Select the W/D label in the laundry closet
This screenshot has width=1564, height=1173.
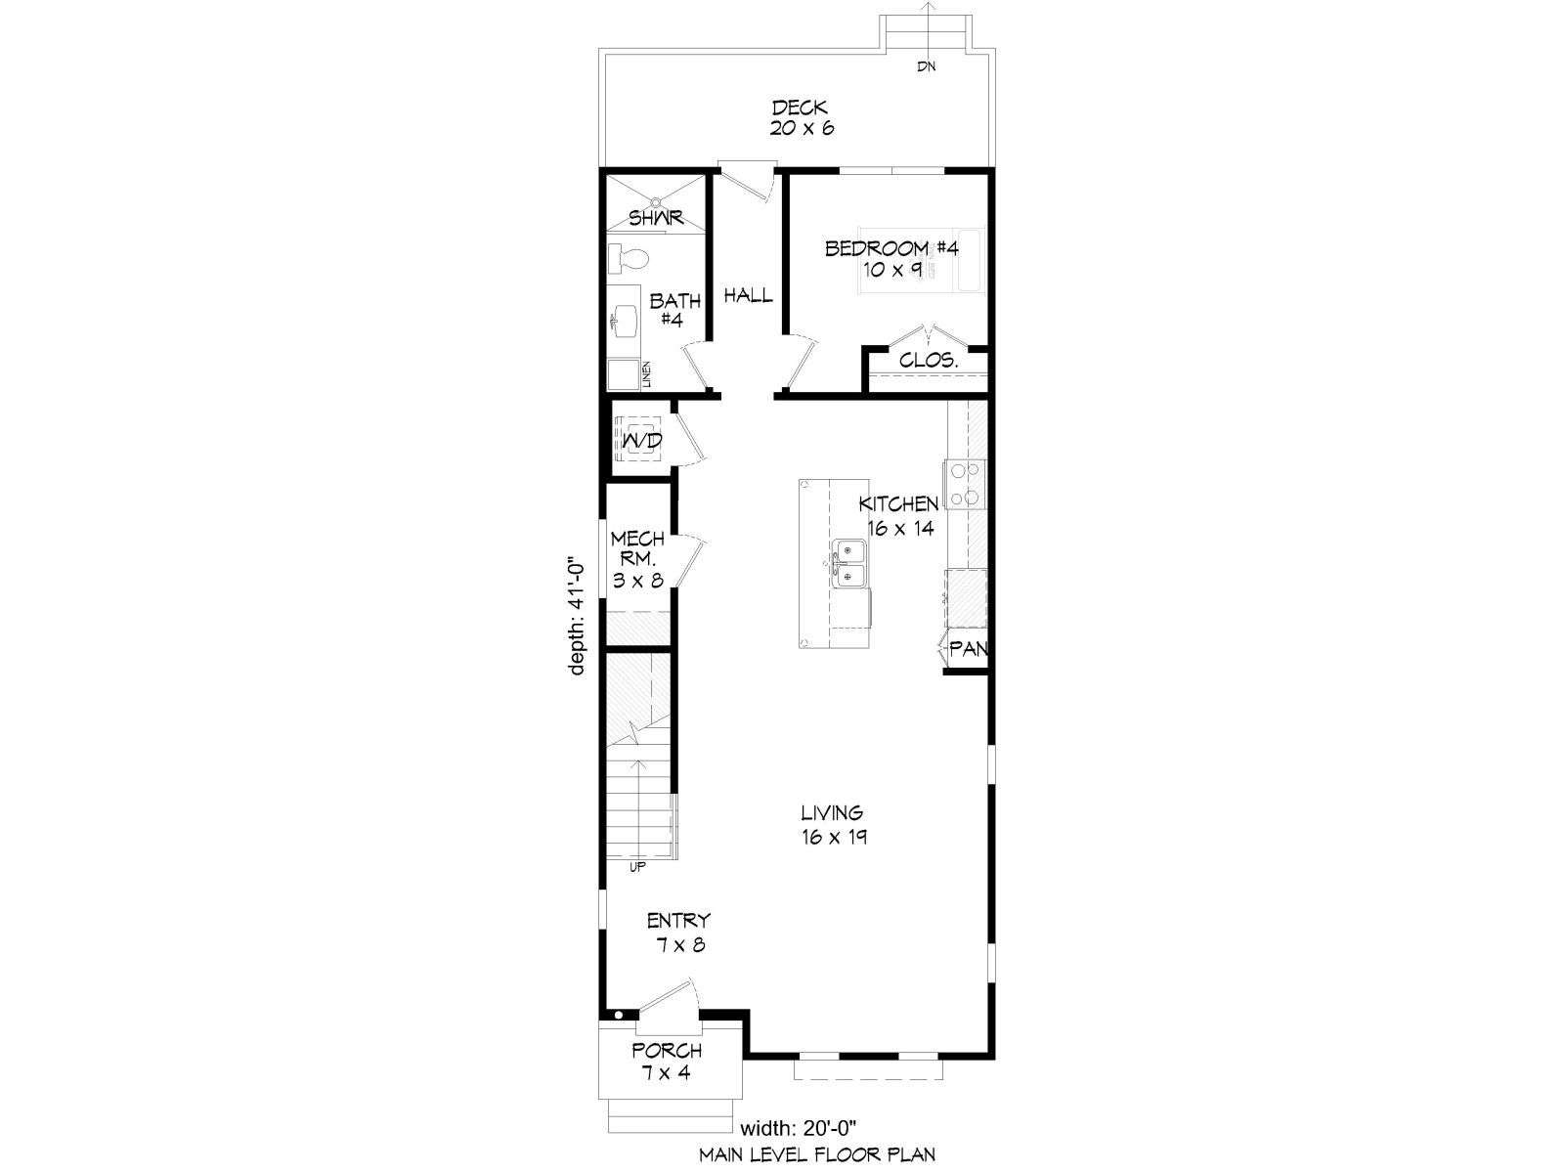point(642,441)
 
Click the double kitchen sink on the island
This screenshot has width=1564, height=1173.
point(850,563)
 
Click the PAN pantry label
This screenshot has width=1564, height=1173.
point(969,649)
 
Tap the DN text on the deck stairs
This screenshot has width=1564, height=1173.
point(927,66)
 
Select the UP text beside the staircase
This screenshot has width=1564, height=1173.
point(637,867)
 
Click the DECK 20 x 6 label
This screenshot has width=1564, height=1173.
point(802,118)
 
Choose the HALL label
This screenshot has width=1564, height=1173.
point(748,295)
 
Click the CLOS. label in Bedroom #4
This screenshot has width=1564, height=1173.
point(929,361)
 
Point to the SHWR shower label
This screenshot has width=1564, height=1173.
point(656,218)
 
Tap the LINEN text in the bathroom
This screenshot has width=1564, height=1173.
point(646,374)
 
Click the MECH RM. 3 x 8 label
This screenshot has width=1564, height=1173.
point(638,559)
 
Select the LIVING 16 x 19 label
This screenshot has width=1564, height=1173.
point(834,824)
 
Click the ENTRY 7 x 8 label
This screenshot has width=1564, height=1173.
point(679,933)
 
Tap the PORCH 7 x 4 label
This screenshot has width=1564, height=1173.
point(667,1062)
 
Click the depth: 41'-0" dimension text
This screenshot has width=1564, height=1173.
point(577,616)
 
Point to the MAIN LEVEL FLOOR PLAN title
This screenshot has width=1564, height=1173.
point(817,1153)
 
